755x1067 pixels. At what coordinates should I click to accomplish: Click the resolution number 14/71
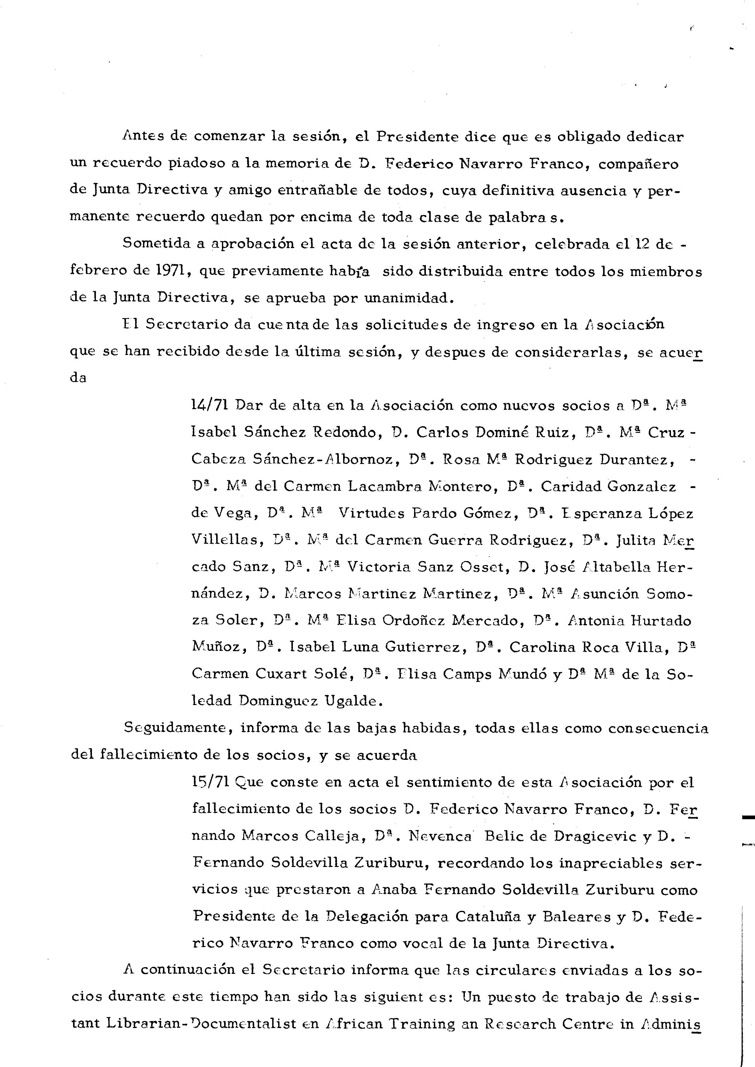tap(209, 405)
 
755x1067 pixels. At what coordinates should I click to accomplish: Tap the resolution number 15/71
tap(209, 782)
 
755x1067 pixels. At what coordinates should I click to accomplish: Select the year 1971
tap(170, 271)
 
